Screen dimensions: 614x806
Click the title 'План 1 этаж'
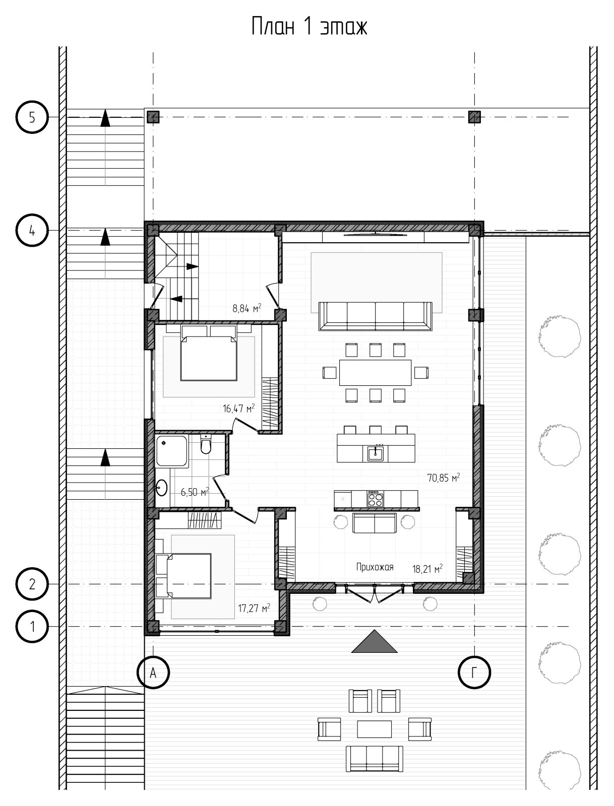310,27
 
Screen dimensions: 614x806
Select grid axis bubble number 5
32,117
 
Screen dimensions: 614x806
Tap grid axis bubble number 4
32,230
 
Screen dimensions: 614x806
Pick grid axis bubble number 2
32,584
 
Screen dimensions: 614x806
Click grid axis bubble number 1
32,627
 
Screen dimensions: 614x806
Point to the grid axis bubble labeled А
153,673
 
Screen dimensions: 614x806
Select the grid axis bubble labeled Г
474,673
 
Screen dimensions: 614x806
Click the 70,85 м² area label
444,478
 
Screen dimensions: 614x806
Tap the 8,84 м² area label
247,308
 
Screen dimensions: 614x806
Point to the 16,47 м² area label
238,408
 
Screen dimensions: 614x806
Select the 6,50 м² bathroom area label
195,492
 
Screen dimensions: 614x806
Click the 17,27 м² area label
254,608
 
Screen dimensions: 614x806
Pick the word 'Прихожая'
375,567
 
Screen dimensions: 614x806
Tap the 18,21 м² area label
427,569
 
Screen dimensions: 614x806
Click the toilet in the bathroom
206,444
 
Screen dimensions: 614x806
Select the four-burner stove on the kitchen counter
375,499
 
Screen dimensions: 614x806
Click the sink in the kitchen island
376,453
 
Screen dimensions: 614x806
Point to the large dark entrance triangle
374,641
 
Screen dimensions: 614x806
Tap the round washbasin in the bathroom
161,488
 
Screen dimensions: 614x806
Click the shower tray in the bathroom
171,451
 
